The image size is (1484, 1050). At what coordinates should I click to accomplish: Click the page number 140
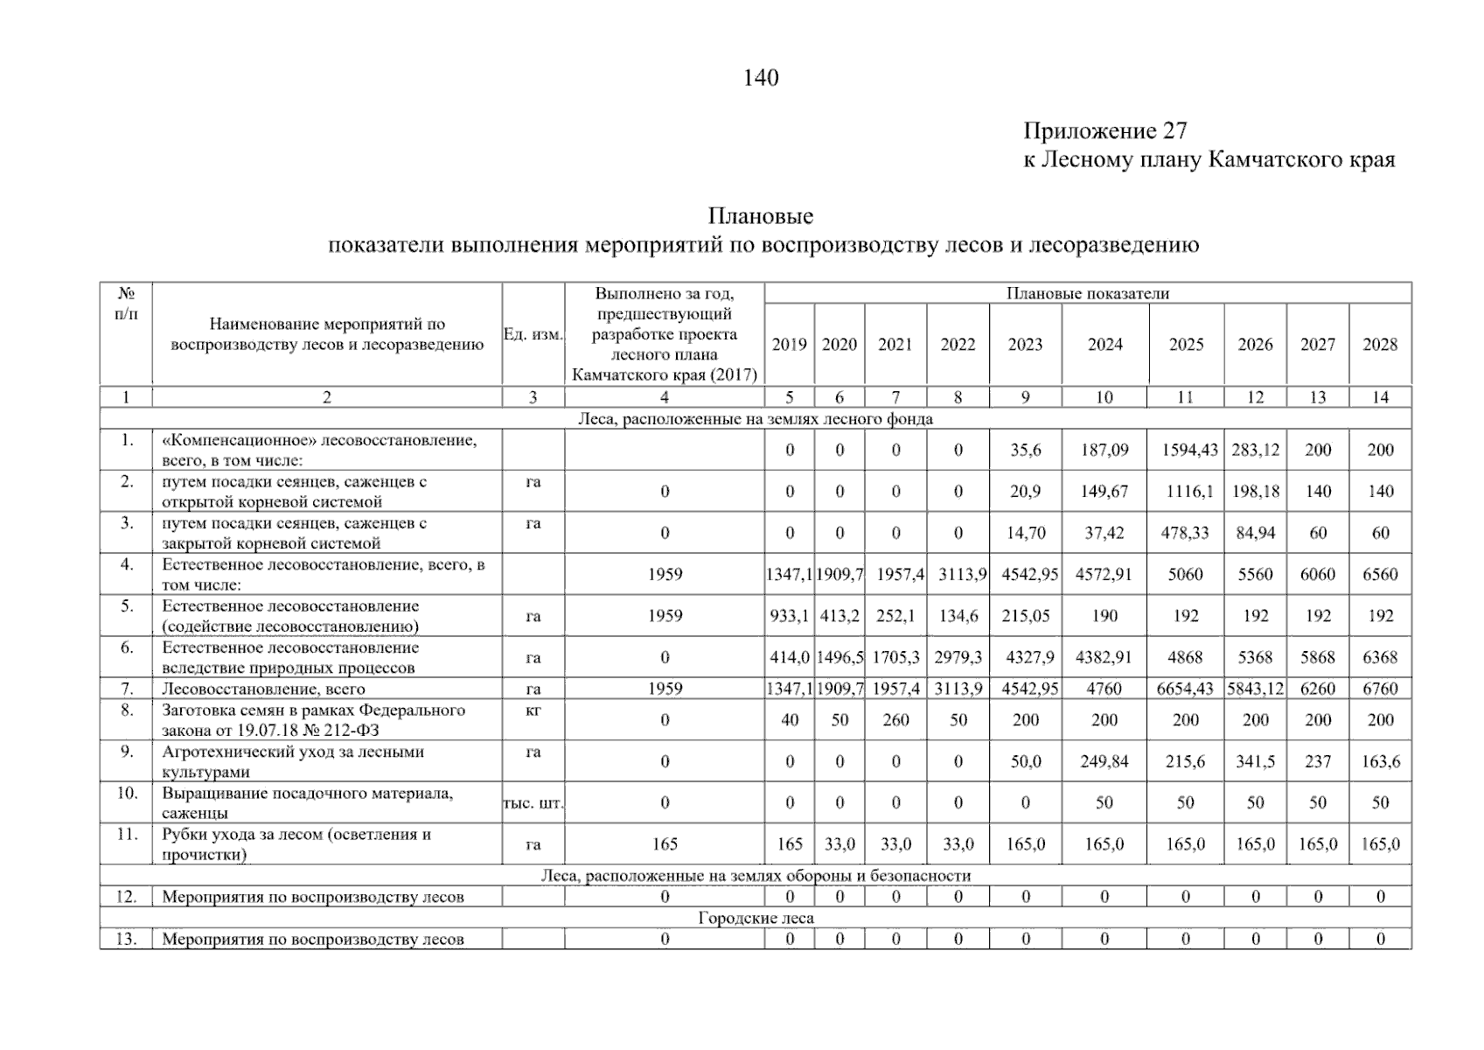(760, 78)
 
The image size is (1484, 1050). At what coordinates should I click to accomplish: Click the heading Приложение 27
(1105, 131)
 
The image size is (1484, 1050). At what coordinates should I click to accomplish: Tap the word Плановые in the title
(760, 216)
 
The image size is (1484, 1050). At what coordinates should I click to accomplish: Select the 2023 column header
(1025, 345)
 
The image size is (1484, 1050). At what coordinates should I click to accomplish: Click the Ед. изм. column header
(533, 334)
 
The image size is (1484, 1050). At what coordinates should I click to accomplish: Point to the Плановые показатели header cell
(1087, 294)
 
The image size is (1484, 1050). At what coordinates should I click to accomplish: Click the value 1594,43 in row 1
(1185, 451)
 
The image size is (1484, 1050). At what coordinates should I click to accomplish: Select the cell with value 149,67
(1104, 492)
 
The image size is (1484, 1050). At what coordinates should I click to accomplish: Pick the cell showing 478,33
(1185, 533)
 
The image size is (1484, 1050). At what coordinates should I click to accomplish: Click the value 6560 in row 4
(1379, 575)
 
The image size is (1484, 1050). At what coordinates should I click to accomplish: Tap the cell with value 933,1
(789, 616)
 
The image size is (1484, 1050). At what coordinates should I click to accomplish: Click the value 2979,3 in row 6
(958, 657)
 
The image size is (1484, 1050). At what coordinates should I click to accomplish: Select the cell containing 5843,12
(1255, 689)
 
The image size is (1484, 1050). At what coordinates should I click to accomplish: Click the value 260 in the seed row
(895, 720)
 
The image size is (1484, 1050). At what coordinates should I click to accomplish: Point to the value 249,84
(1104, 761)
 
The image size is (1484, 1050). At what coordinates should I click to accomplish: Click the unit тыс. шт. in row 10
(533, 802)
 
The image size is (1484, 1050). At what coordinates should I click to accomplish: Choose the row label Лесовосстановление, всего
(263, 689)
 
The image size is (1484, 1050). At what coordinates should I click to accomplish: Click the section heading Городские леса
(756, 918)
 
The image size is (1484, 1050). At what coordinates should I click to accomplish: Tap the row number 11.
(127, 834)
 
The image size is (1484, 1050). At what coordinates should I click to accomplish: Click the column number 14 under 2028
(1379, 397)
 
